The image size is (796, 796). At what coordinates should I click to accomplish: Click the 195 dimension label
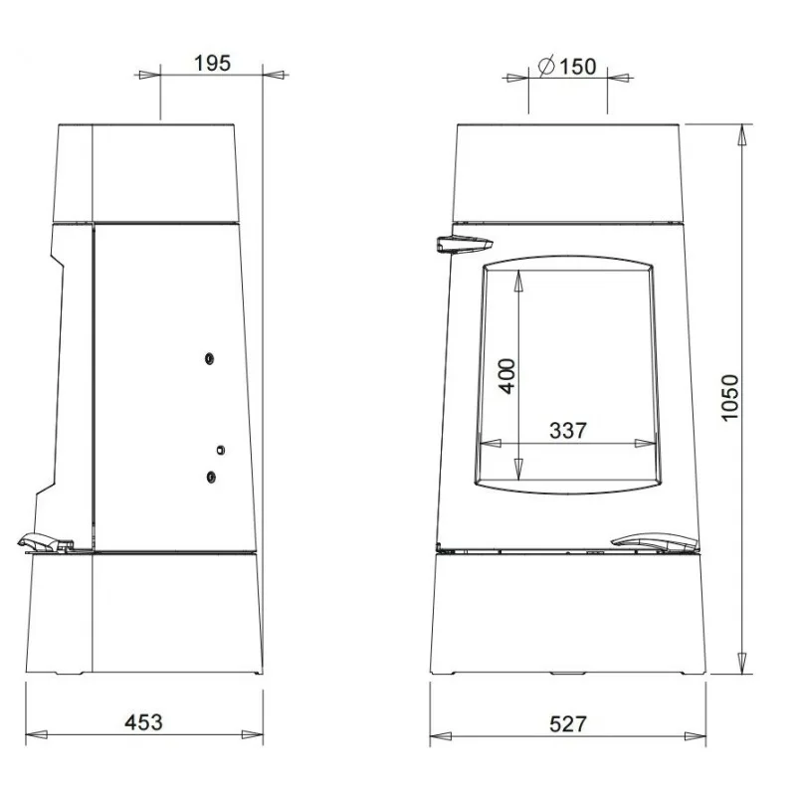pyautogui.click(x=212, y=63)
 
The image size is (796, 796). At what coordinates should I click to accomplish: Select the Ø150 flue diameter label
pyautogui.click(x=566, y=66)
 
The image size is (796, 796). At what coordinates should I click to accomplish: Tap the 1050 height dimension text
pyautogui.click(x=729, y=397)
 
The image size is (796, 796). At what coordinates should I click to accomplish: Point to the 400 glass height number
pyautogui.click(x=506, y=376)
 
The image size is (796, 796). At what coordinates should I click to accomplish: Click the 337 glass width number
pyautogui.click(x=568, y=431)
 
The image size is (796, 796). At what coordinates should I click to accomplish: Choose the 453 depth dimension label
pyautogui.click(x=143, y=722)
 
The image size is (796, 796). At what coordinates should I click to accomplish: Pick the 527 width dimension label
pyautogui.click(x=568, y=724)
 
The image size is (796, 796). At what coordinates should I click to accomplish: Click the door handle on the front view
pyautogui.click(x=464, y=244)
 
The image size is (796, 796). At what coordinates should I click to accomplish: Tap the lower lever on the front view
pyautogui.click(x=655, y=541)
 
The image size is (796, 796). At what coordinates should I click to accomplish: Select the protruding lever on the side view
pyautogui.click(x=45, y=542)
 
